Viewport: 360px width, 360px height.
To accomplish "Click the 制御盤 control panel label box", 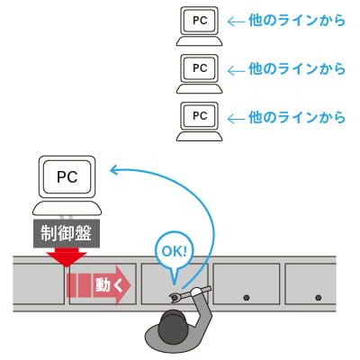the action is click(x=67, y=233).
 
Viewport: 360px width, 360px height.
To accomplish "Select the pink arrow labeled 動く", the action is click(x=99, y=285).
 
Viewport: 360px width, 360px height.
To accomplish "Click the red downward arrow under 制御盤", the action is click(x=67, y=257).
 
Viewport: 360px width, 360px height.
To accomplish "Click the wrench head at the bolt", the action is click(x=175, y=298).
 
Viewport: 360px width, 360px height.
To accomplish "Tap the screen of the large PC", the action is click(x=67, y=177).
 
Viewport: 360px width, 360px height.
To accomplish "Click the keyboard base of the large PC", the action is click(x=67, y=209).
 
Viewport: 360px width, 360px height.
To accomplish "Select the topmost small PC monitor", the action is click(x=200, y=21).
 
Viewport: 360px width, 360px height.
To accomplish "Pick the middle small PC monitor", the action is click(x=200, y=68).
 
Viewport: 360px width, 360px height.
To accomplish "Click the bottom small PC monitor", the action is click(x=200, y=116).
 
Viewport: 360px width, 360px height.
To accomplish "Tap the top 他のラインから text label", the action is click(x=297, y=21).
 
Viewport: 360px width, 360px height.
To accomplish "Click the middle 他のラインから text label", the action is click(x=297, y=68).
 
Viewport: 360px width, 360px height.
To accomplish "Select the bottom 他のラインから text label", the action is click(x=297, y=117).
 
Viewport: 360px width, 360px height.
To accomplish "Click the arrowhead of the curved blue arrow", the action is click(x=113, y=170).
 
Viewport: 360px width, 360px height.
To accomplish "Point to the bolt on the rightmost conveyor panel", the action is click(x=319, y=298).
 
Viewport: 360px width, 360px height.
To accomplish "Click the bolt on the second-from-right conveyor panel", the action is click(x=247, y=298).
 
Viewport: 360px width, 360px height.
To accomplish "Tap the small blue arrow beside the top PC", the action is click(x=236, y=22).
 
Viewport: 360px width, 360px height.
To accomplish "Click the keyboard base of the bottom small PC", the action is click(x=200, y=136).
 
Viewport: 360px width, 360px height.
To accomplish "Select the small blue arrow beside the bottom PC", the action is click(x=236, y=119).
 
